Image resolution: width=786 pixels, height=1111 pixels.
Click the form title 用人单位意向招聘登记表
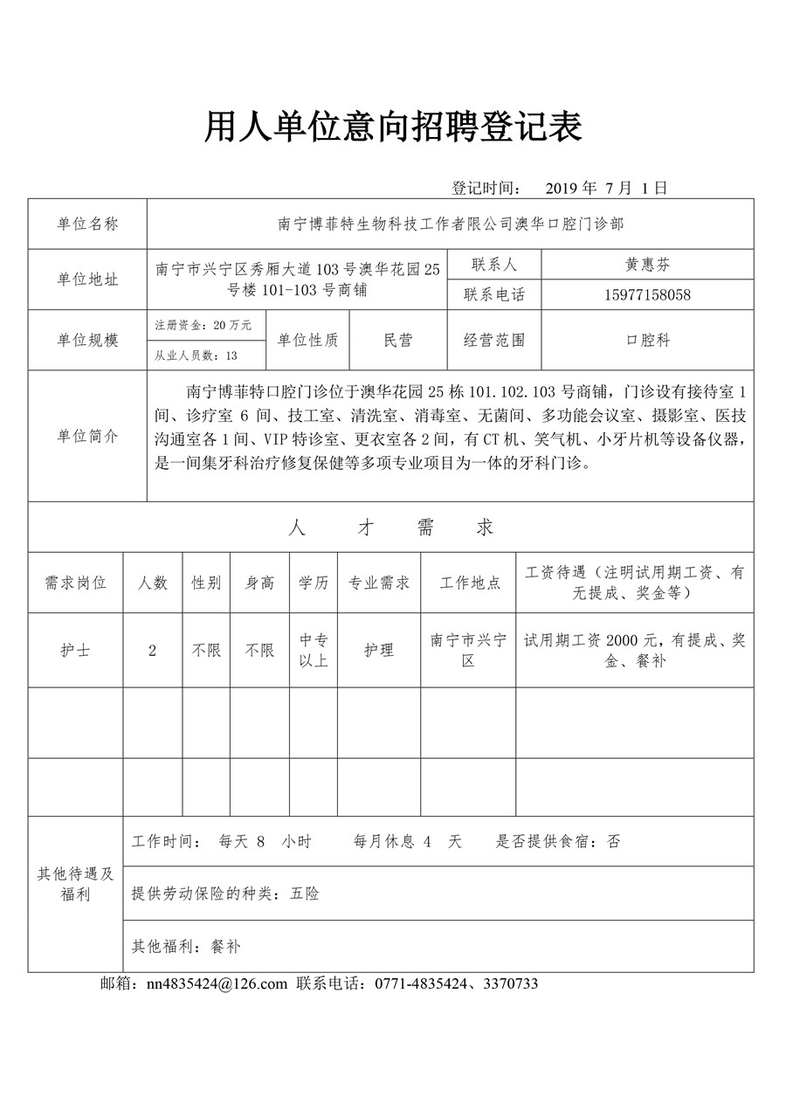(393, 128)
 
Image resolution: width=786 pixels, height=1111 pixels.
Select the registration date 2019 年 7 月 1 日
(606, 188)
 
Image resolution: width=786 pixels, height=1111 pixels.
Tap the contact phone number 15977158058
(647, 295)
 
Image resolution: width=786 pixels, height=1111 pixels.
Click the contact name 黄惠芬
(647, 265)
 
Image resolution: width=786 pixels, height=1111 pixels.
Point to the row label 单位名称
(87, 224)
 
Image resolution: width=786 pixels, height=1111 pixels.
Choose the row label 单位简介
(87, 436)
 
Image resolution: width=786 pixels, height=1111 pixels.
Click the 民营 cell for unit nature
(398, 341)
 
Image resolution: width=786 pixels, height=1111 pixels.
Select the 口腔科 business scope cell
(647, 341)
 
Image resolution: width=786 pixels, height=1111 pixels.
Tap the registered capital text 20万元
(231, 325)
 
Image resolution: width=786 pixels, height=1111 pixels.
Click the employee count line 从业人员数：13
(196, 355)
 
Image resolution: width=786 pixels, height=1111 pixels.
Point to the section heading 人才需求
(390, 528)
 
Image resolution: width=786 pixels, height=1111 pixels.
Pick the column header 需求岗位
(76, 583)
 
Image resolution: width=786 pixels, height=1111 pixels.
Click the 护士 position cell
(76, 651)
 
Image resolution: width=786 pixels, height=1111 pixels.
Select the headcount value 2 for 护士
(153, 651)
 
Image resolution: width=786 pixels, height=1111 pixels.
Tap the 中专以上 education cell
(314, 651)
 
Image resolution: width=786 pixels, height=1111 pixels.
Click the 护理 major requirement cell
(379, 651)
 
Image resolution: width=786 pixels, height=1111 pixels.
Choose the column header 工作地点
(469, 583)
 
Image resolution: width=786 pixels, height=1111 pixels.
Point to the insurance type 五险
(305, 894)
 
